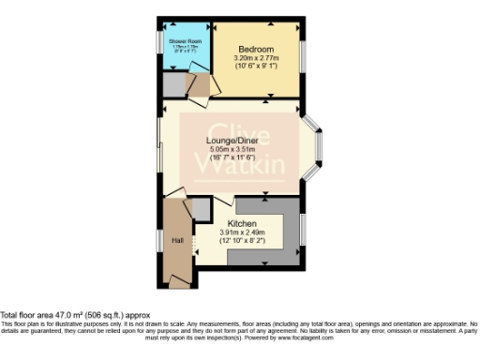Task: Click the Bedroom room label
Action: coord(255,49)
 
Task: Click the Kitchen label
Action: coord(242,224)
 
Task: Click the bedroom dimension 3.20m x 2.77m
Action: coord(255,58)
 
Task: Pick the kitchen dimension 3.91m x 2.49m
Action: coord(242,232)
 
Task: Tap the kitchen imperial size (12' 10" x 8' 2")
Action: coord(242,241)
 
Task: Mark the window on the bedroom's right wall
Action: coord(303,57)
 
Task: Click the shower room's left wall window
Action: coord(158,48)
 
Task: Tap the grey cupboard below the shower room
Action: coord(172,83)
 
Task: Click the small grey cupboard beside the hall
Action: coord(202,208)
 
